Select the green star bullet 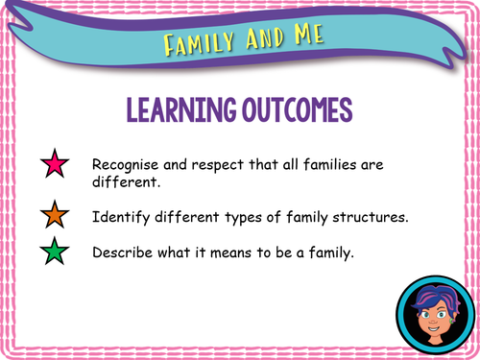pos(53,253)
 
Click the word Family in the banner pos(196,42)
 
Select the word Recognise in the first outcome pos(126,164)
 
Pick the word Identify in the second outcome pos(120,216)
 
